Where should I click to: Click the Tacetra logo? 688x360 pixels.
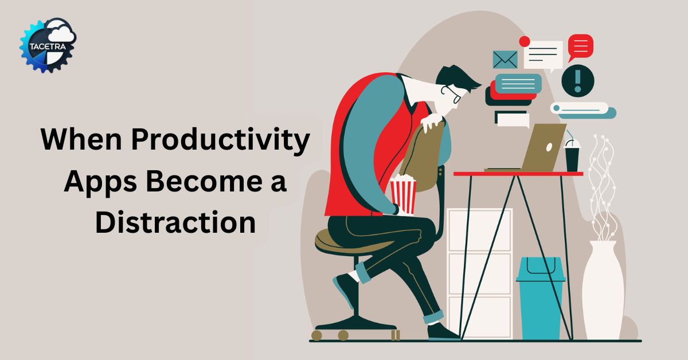click(x=48, y=45)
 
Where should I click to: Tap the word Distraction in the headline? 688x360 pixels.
click(x=175, y=221)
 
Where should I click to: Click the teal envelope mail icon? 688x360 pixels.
click(x=505, y=59)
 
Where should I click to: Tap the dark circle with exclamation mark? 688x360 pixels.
click(x=577, y=80)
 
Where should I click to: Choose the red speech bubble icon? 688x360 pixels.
click(x=580, y=46)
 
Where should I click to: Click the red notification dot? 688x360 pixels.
click(x=524, y=41)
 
